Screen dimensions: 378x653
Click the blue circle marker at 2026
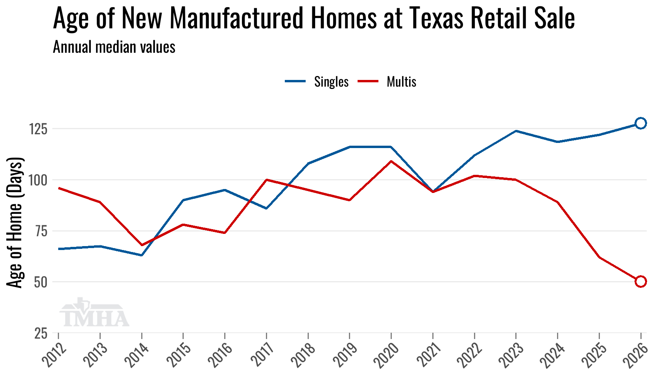point(640,123)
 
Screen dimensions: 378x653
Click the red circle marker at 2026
point(640,281)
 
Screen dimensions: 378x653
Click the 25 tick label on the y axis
point(41,334)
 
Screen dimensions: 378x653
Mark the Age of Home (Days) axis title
point(15,222)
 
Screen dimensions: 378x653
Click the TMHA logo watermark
point(94,313)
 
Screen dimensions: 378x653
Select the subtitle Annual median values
point(114,47)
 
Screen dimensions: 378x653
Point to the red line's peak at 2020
point(391,161)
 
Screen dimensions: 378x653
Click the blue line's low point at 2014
point(142,255)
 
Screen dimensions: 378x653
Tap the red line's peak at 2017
point(266,180)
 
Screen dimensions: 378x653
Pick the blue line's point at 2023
point(516,131)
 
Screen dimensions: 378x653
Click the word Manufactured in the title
point(236,18)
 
